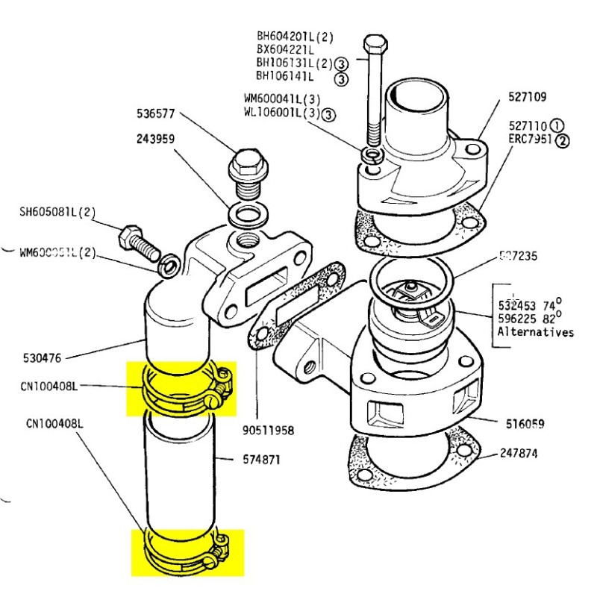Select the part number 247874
(x=522, y=453)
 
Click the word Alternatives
(x=536, y=332)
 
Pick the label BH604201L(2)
(x=296, y=36)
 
